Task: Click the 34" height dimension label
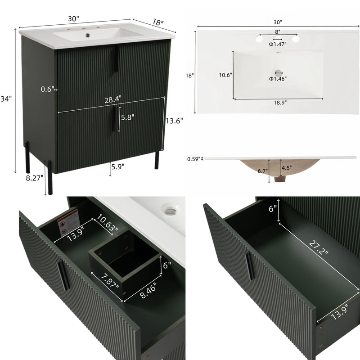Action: tap(6, 99)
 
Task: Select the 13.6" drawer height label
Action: tap(174, 121)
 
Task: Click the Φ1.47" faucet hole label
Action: tap(278, 44)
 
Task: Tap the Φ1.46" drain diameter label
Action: tap(278, 79)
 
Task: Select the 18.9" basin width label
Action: tap(279, 103)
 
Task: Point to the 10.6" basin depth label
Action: tap(225, 75)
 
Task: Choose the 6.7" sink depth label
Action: tap(263, 171)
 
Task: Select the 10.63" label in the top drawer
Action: tap(108, 223)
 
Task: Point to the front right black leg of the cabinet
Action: tap(157, 159)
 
